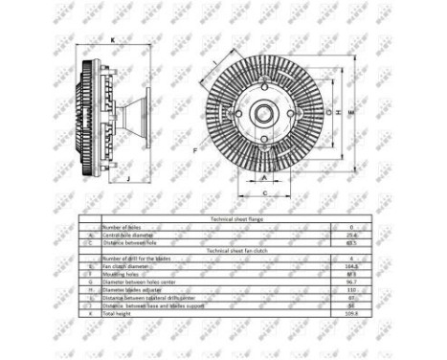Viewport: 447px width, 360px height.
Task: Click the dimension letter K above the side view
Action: (x=113, y=40)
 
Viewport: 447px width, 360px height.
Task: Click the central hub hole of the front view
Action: (x=262, y=114)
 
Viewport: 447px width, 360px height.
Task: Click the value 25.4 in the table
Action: (x=350, y=235)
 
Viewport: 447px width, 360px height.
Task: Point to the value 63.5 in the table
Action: (x=350, y=242)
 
